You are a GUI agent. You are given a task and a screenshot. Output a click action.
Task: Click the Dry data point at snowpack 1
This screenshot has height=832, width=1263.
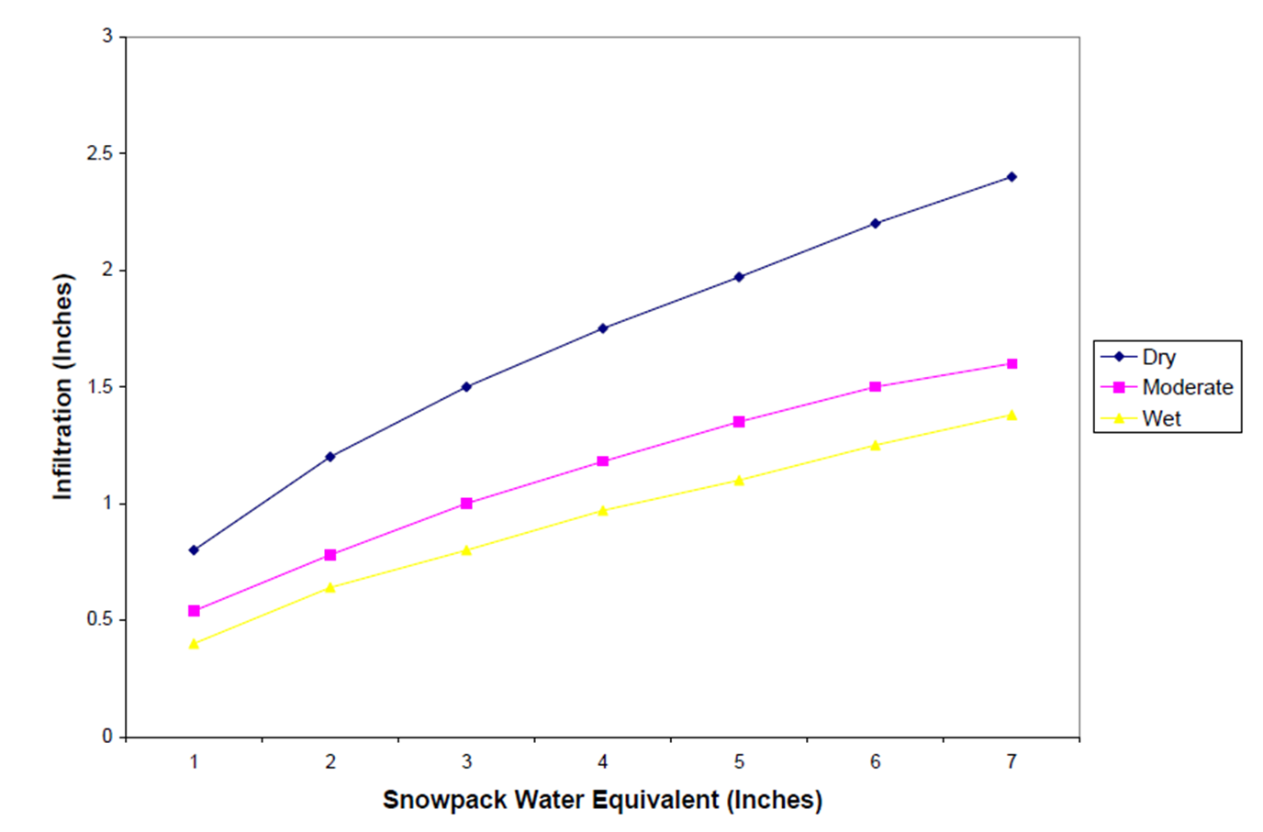(194, 550)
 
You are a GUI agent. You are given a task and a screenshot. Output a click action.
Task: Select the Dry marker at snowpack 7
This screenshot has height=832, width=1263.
(1012, 177)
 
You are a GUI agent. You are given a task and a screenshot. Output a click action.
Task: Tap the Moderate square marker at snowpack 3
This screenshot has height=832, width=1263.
(466, 504)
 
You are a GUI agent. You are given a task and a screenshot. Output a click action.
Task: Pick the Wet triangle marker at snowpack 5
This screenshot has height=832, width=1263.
(739, 480)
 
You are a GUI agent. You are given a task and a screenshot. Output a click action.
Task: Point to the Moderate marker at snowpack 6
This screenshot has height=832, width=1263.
(875, 387)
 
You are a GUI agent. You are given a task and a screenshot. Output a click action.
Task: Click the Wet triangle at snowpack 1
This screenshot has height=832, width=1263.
(194, 644)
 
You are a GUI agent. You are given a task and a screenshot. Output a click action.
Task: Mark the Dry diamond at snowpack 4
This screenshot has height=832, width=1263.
(603, 328)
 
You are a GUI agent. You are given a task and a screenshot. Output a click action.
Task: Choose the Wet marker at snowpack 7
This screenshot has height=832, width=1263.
(1012, 416)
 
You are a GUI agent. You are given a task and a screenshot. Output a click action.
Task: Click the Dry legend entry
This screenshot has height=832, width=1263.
(1157, 357)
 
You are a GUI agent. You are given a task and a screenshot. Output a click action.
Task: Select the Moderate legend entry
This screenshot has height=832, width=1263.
(1187, 387)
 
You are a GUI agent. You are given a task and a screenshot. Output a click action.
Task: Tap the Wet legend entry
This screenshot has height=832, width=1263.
(1161, 418)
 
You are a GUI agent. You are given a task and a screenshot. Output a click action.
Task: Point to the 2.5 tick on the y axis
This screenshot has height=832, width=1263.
(100, 153)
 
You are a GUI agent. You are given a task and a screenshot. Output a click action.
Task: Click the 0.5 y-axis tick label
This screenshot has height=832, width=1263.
(100, 619)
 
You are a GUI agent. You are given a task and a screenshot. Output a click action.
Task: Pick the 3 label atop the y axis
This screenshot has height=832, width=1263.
(107, 36)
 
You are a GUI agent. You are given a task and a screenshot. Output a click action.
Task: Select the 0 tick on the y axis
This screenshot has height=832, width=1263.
(107, 736)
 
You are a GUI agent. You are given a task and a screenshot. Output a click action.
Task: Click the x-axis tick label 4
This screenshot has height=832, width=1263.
(603, 761)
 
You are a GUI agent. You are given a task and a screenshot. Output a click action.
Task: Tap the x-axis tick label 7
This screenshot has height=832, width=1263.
(1012, 761)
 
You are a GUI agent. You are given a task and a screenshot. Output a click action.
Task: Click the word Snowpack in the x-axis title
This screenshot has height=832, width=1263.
(444, 800)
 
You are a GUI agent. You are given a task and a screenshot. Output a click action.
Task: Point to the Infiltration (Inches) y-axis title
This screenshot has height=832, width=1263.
(62, 386)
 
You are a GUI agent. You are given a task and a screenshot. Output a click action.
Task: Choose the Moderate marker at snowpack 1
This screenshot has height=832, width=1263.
(194, 611)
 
